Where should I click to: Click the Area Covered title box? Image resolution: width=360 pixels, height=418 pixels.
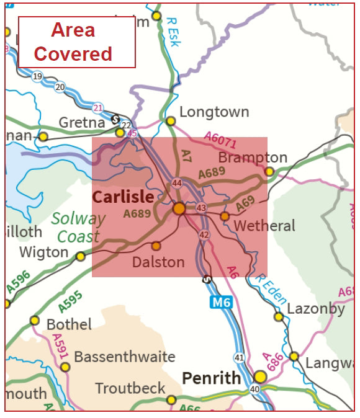pos(77,42)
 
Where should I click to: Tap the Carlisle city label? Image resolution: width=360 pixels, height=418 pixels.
pos(123,197)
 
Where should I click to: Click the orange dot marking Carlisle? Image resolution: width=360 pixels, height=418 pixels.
pos(179,208)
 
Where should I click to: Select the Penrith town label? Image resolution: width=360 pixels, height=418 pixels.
pos(211,378)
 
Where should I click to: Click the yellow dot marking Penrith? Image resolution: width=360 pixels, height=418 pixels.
pos(260,377)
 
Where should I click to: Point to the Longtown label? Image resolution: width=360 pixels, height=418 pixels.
pos(214,112)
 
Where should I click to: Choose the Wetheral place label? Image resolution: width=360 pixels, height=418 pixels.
pos(264,226)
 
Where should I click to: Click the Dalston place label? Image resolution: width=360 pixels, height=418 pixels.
pos(158,262)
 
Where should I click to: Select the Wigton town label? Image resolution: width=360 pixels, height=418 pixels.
pos(43,252)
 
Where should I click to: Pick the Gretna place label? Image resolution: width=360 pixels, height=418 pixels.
pos(81,122)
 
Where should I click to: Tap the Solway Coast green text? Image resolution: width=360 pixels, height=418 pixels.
pos(78,228)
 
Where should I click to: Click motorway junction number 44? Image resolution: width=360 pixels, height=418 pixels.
pos(177,183)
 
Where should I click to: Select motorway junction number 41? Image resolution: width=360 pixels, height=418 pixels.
pos(239,358)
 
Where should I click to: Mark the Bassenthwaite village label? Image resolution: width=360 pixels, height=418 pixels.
pos(125,357)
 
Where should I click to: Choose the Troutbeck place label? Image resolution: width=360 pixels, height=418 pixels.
pos(130,389)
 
